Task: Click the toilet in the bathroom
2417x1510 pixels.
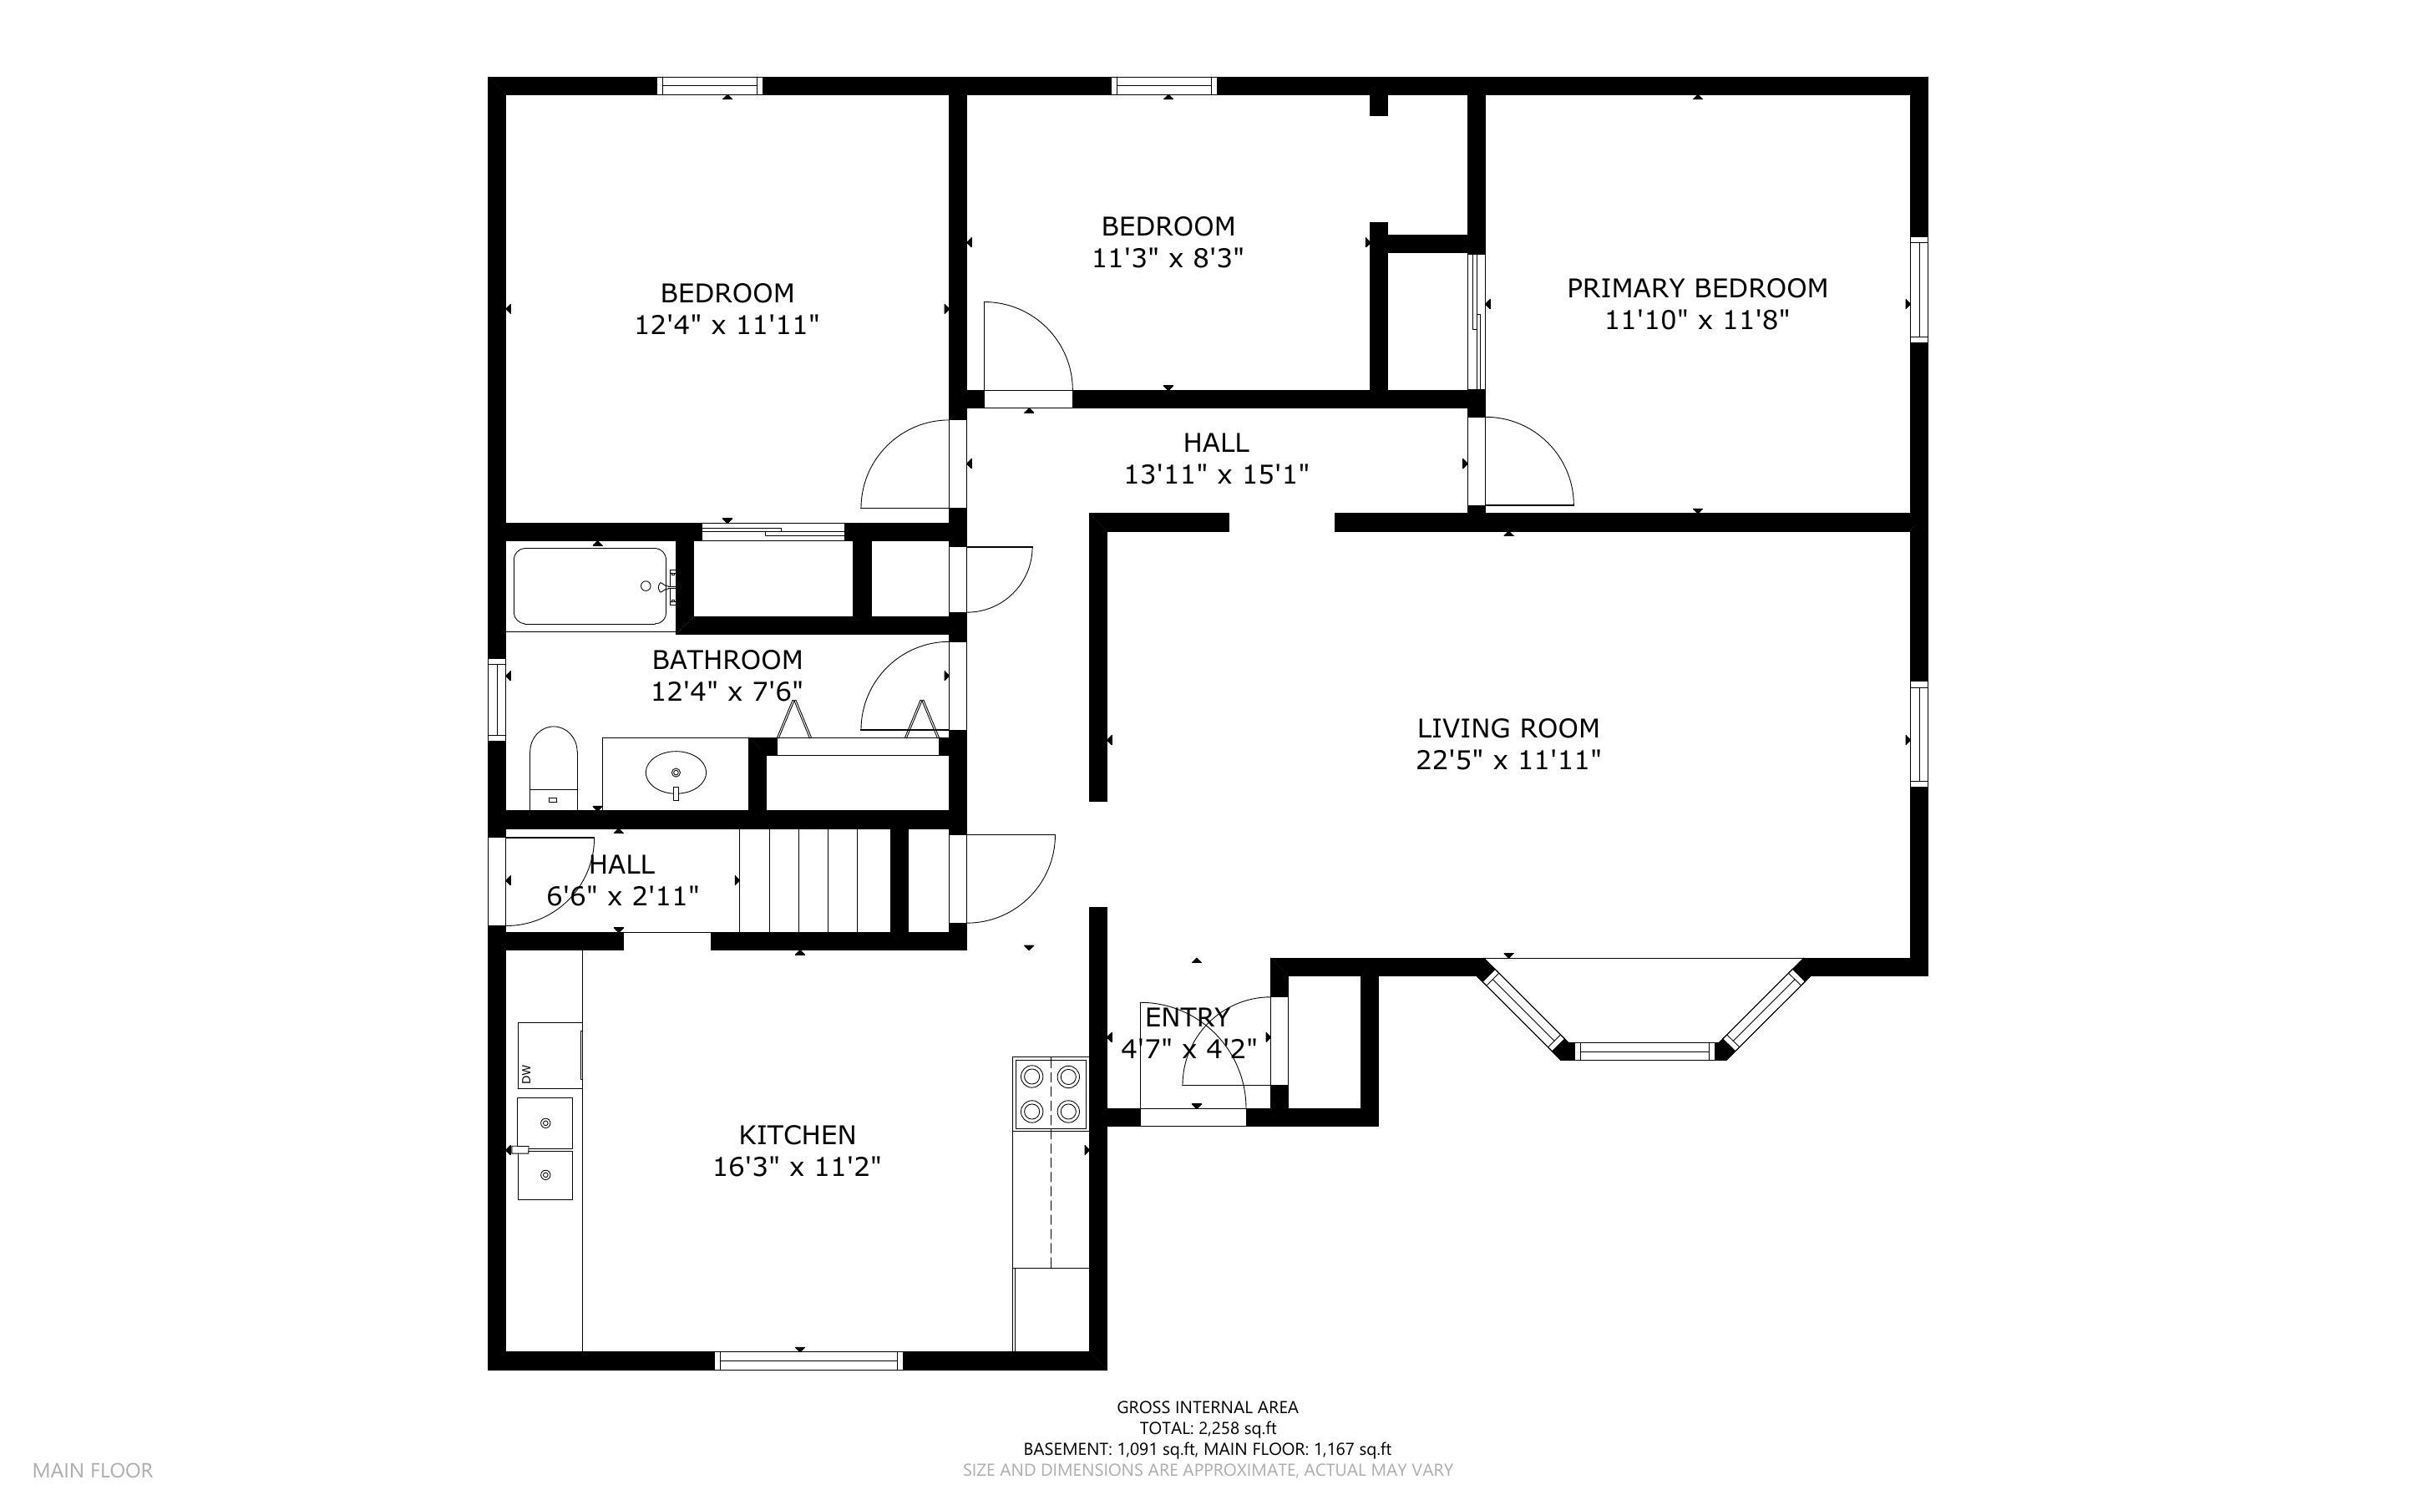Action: coord(553,767)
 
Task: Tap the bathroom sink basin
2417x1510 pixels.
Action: coord(676,772)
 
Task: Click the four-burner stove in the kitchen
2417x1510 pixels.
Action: coord(1051,1092)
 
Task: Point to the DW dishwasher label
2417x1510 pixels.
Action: coord(526,1075)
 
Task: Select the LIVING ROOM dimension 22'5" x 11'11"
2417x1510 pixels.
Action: coord(1507,760)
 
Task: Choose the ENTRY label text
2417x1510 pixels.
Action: coord(1187,1016)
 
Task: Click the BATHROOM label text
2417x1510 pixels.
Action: coord(727,659)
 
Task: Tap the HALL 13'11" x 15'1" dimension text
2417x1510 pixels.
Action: coord(1216,474)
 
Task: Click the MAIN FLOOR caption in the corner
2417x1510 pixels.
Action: coord(93,1470)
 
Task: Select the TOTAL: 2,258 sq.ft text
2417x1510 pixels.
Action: coord(1208,1428)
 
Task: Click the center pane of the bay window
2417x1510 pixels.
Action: coord(1644,1050)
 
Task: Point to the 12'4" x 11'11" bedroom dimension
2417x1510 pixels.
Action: coord(727,326)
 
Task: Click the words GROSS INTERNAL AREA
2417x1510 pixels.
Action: coord(1207,1407)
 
